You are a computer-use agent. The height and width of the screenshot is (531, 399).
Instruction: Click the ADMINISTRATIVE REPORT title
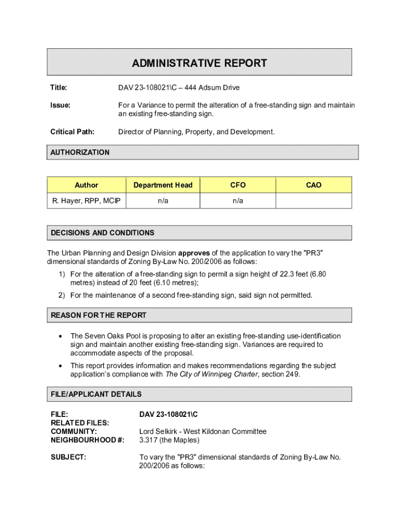[x=199, y=63]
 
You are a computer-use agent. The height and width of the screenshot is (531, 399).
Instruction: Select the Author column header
[x=86, y=185]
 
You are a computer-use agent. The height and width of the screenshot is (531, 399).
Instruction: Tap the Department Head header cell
[x=163, y=185]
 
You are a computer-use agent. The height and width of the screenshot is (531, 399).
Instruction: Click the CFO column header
[x=238, y=185]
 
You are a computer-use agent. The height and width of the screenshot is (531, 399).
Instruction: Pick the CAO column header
[x=313, y=185]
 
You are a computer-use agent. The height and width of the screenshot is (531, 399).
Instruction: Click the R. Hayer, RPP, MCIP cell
[x=86, y=201]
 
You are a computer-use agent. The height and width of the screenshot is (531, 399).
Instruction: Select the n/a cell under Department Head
[x=163, y=201]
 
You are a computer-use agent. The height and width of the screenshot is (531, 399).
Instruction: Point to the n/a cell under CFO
[x=238, y=201]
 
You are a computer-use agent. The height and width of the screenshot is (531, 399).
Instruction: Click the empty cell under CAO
[x=313, y=201]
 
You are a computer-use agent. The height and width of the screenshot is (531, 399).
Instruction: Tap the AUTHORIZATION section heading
[x=80, y=152]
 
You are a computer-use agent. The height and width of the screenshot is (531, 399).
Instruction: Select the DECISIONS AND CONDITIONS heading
[x=103, y=233]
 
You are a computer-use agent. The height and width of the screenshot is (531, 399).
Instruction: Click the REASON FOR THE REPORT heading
[x=98, y=315]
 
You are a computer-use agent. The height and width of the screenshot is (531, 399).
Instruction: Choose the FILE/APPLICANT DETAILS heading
[x=96, y=394]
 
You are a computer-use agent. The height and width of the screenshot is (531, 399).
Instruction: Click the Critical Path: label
[x=72, y=132]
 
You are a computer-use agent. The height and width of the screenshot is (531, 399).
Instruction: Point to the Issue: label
[x=60, y=105]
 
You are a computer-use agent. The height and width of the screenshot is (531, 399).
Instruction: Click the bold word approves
[x=194, y=253]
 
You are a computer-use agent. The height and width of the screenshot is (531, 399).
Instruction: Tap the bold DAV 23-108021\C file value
[x=169, y=414]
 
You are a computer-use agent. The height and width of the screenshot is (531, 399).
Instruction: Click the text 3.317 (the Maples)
[x=169, y=440]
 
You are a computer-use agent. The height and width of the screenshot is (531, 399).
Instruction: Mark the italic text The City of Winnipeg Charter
[x=211, y=374]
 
